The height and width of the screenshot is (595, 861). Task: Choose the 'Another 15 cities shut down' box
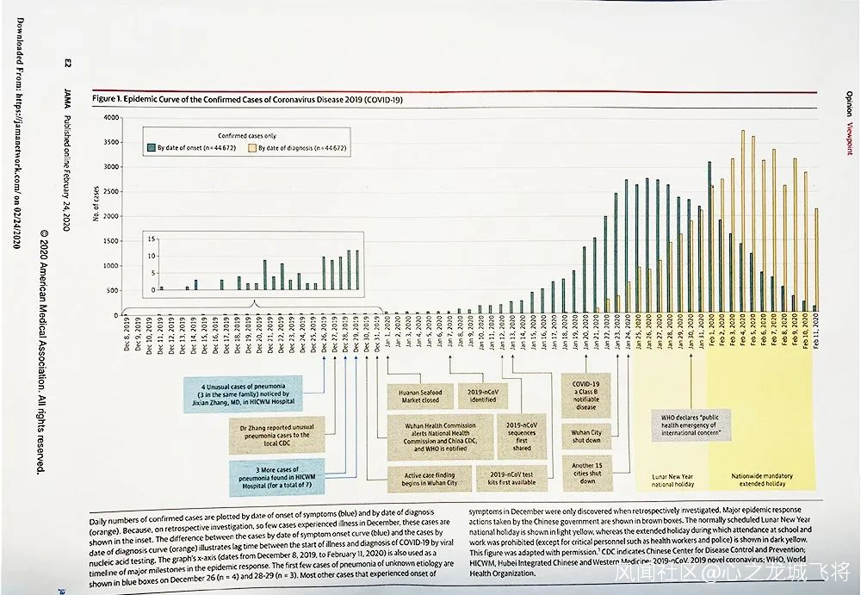click(586, 473)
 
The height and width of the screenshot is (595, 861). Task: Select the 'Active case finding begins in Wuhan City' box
click(430, 478)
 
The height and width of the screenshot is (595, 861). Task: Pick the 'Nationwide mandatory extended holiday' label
click(762, 480)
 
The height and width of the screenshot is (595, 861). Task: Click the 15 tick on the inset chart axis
click(153, 239)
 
